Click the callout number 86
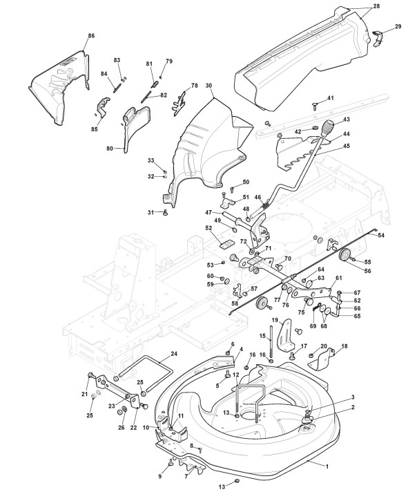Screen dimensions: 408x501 pos(91,36)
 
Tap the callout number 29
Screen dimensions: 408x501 pos(398,26)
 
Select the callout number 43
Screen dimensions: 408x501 pos(347,120)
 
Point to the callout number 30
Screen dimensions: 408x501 pos(208,86)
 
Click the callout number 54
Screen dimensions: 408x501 pos(381,236)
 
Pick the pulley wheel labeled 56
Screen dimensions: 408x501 pos(344,255)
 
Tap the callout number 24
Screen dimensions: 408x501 pos(174,354)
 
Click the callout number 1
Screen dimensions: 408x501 pos(327,466)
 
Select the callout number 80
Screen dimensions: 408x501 pos(110,149)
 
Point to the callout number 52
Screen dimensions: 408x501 pos(208,229)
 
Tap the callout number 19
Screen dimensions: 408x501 pos(275,320)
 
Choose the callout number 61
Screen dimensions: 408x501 pos(338,278)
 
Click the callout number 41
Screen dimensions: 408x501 pos(330,98)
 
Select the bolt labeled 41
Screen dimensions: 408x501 pos(315,106)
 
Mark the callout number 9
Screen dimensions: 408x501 pos(160,476)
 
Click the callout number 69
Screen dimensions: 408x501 pos(313,326)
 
